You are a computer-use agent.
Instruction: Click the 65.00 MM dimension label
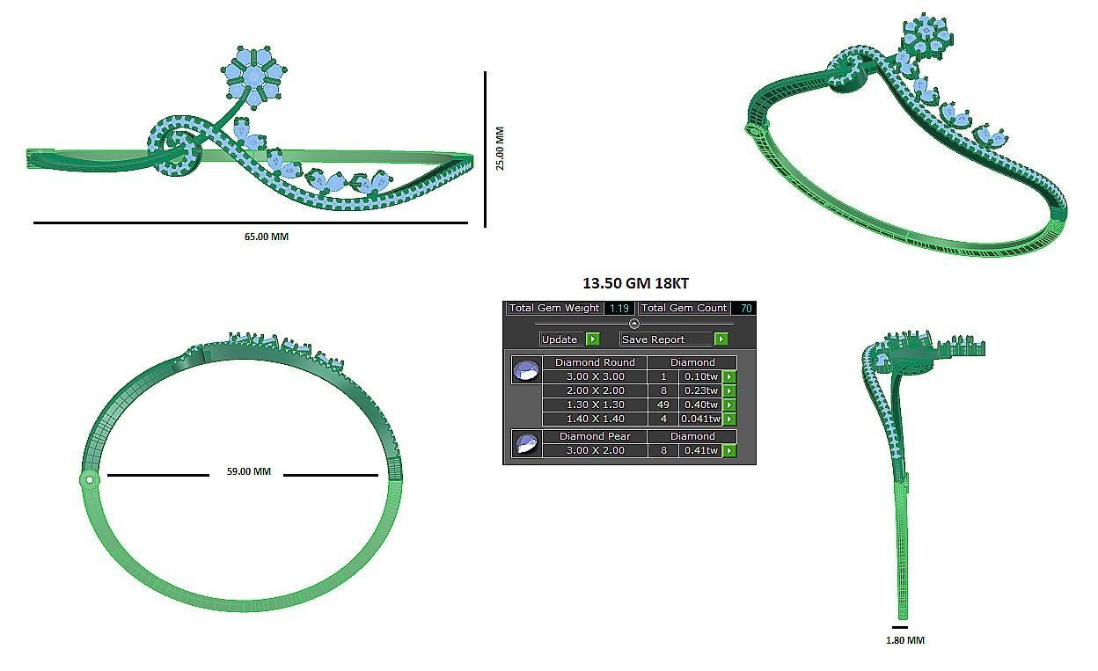point(266,237)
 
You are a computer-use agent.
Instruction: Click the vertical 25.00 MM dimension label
point(500,149)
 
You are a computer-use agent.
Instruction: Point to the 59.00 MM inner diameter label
point(248,472)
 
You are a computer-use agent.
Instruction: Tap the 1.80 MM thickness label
point(904,641)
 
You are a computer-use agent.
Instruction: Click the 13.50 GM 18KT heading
point(635,283)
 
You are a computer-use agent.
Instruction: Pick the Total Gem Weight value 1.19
point(619,309)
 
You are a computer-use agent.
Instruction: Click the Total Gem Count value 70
point(745,309)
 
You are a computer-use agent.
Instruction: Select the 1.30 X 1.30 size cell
point(595,405)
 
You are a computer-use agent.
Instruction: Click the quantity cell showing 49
point(663,405)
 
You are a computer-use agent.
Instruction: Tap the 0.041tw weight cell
point(699,419)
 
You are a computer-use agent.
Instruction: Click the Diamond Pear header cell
point(595,436)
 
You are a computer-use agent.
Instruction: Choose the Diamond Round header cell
point(595,362)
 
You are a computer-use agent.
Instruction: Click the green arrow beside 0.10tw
point(728,376)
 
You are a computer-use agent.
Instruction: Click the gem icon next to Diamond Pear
point(526,443)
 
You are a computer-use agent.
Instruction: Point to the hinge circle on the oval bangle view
point(88,479)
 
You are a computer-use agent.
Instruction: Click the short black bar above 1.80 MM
point(899,628)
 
